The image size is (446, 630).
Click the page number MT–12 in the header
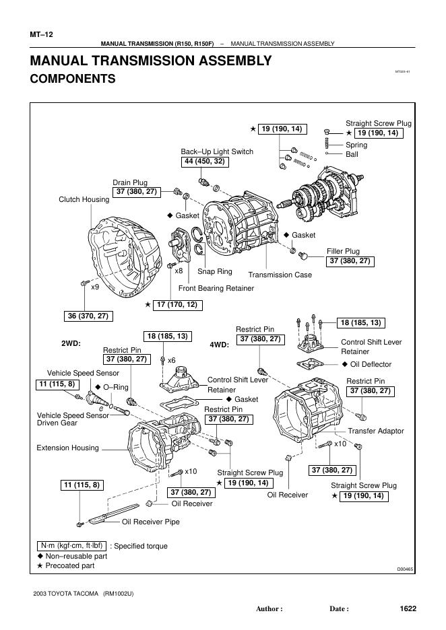41,34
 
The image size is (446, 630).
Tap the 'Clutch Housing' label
84,199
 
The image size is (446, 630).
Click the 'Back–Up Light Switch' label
216,151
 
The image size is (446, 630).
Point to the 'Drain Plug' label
129,182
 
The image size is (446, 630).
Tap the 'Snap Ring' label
214,271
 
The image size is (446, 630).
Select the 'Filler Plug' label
343,251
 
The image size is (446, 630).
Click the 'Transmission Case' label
280,275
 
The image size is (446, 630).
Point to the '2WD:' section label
71,343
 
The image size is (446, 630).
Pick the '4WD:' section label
219,344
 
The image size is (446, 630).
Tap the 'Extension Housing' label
67,448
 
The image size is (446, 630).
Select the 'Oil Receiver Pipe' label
150,521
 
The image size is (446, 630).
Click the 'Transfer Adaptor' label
376,431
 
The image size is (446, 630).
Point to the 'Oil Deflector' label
371,364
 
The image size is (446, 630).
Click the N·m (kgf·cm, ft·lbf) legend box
71,546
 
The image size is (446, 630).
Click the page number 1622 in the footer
408,608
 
